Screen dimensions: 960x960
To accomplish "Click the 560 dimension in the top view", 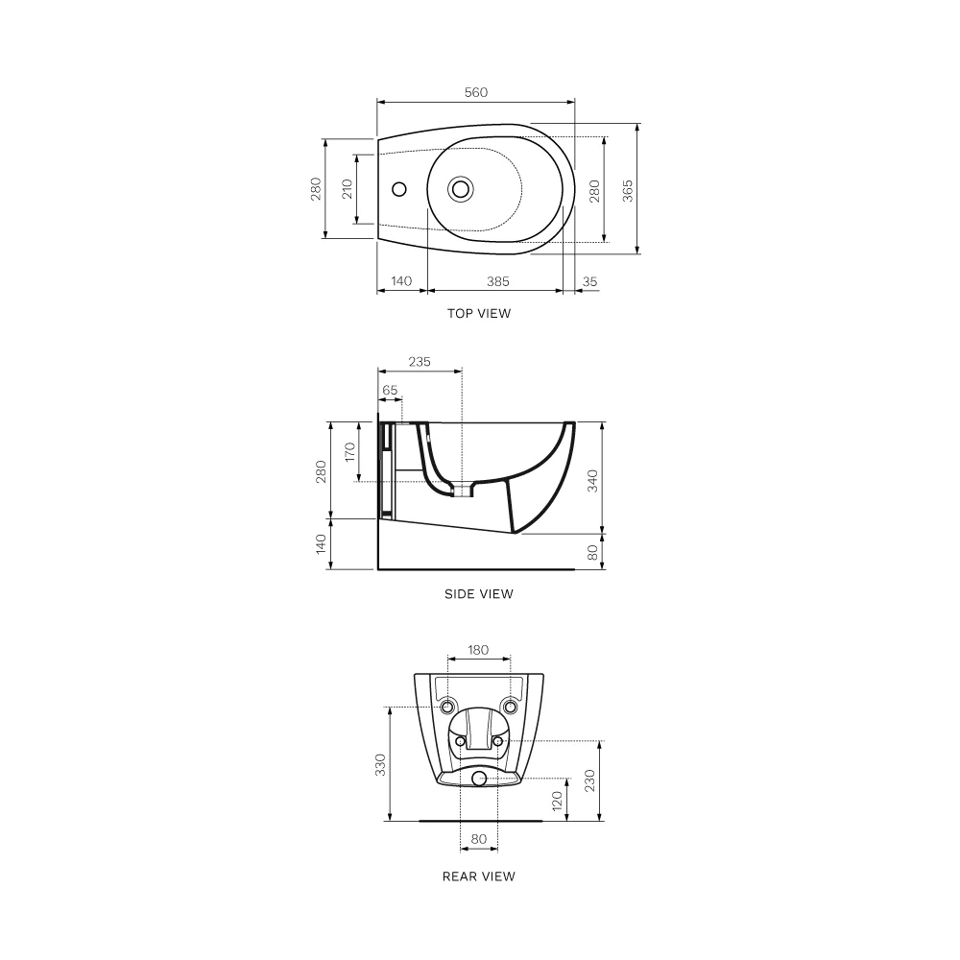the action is point(476,92).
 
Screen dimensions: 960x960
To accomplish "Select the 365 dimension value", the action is point(628,191).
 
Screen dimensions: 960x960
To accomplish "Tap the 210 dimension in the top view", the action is point(348,188).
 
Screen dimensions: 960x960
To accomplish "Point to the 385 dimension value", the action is point(497,281).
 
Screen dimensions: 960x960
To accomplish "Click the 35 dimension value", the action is point(589,281).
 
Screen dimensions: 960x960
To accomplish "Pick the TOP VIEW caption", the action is point(479,314).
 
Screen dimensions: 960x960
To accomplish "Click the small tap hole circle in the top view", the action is point(399,188).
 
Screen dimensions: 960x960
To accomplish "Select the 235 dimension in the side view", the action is point(420,362).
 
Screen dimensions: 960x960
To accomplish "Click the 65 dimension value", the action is point(390,390).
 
